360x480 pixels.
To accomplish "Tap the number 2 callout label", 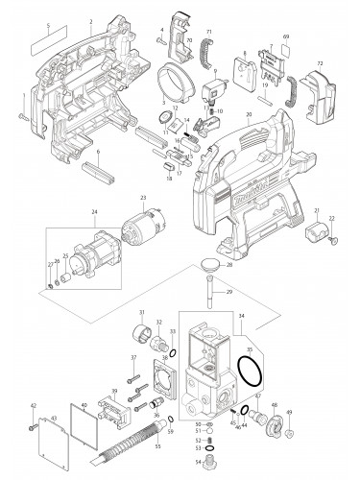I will coord(90,21).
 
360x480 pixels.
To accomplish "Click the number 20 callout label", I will coord(248,115).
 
